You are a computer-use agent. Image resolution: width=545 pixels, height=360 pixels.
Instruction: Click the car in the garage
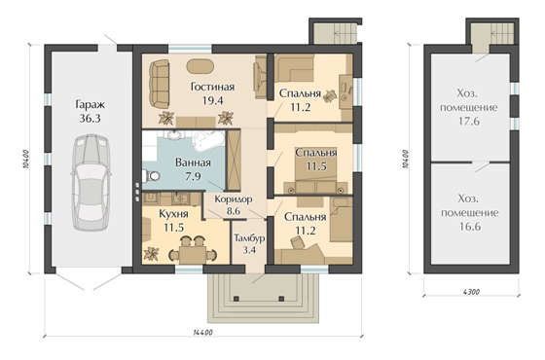(91, 183)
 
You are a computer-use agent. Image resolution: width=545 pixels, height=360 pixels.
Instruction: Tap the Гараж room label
(90, 104)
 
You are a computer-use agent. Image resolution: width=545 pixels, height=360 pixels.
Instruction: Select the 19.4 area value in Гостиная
(212, 101)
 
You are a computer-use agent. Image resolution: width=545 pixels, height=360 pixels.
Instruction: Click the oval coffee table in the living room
(200, 66)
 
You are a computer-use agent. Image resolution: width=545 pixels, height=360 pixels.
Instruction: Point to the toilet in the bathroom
(151, 176)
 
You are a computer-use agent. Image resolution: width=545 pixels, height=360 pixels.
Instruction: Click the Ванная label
(193, 162)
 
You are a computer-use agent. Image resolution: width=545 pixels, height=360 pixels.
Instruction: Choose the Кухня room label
(173, 214)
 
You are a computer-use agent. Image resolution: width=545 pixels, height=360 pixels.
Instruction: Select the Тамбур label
(249, 238)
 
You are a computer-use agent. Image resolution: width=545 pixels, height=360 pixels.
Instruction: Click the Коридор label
(234, 199)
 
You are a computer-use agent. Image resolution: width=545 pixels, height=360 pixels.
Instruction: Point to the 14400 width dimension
(202, 333)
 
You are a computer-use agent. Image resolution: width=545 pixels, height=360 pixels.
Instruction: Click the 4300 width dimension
(471, 292)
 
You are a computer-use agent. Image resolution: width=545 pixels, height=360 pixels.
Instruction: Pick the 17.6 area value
(469, 122)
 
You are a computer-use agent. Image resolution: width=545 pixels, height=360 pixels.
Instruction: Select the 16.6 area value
(469, 227)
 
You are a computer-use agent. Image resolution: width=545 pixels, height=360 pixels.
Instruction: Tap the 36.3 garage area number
(90, 119)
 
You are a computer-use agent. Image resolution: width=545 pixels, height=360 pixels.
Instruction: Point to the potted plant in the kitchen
(152, 253)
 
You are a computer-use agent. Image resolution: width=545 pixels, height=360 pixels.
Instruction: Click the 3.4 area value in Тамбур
(249, 249)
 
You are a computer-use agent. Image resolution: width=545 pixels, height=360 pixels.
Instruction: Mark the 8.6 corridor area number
(234, 210)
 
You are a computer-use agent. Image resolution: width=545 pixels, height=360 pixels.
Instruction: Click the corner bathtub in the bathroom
(207, 141)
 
